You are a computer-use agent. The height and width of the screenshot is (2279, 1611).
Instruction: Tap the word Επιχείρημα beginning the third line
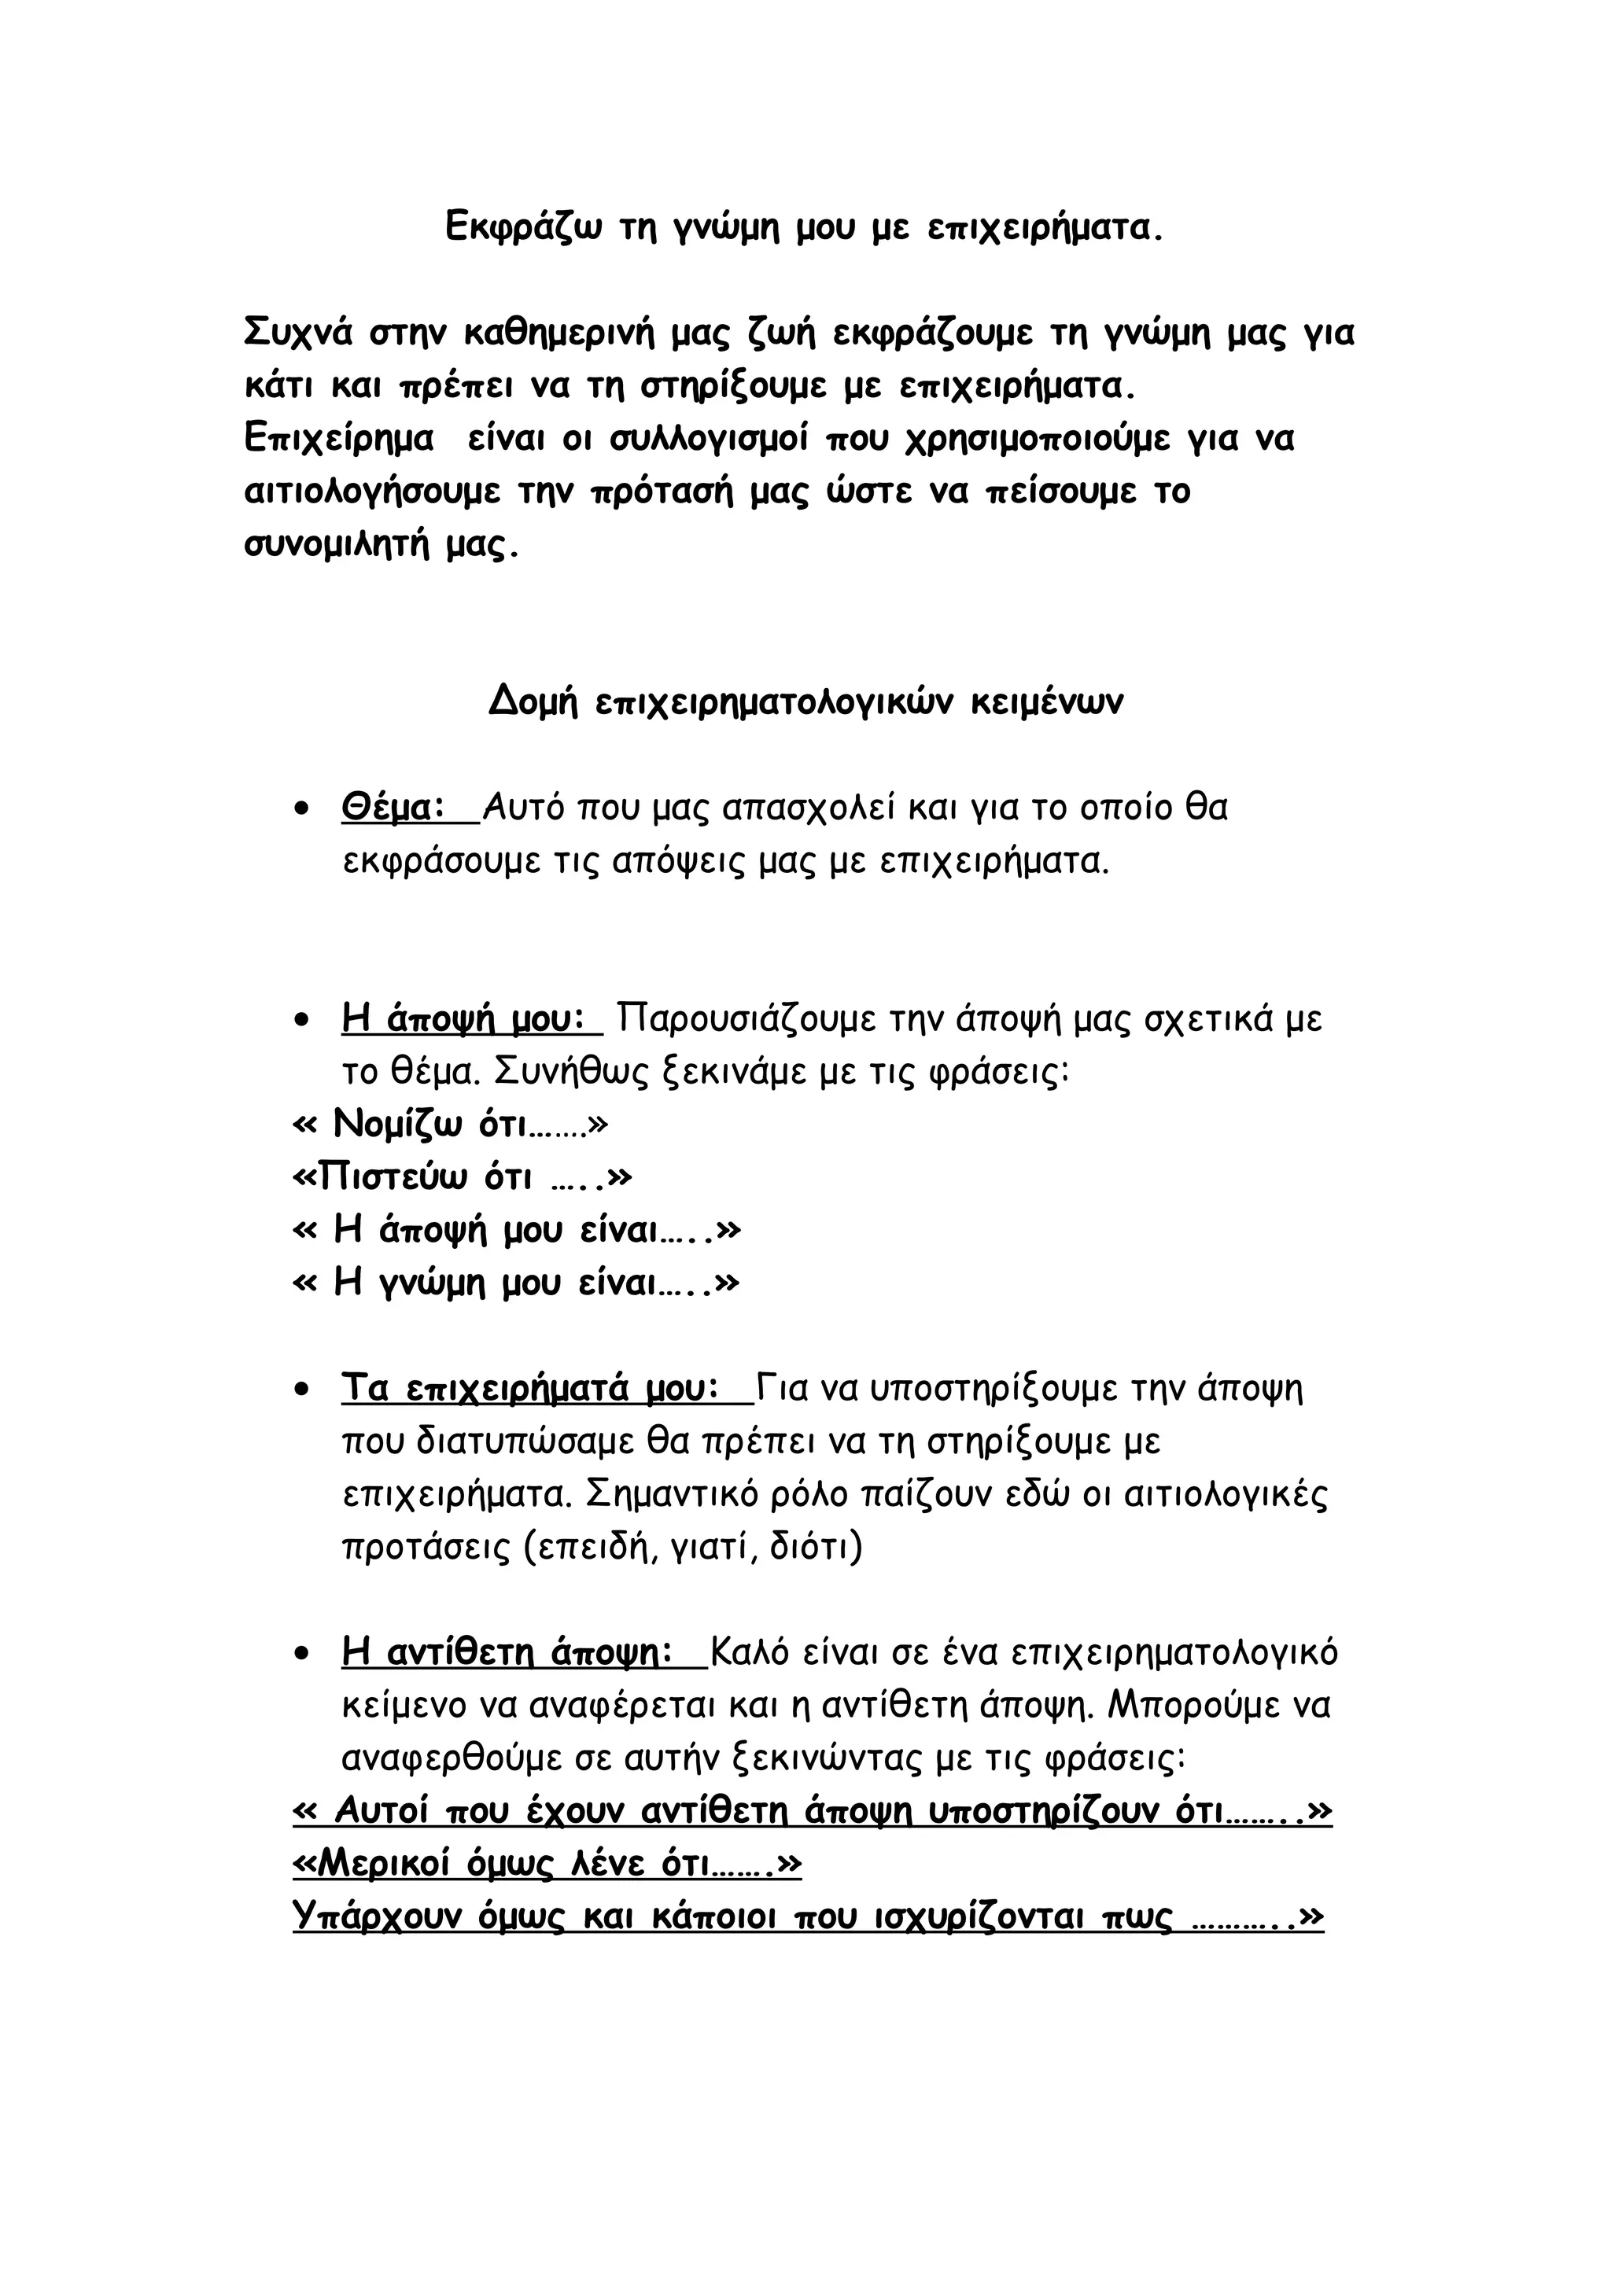pos(340,439)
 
